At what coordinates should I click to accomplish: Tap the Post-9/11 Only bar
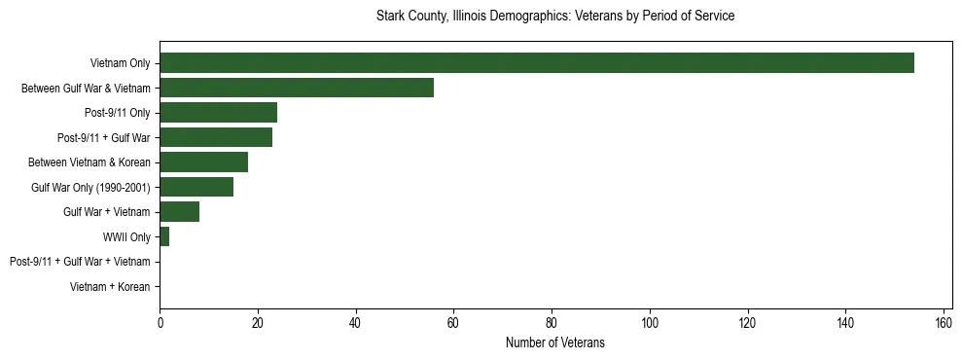click(218, 113)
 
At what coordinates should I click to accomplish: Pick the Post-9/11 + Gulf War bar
click(216, 137)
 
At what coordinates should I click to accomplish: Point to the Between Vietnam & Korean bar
click(203, 162)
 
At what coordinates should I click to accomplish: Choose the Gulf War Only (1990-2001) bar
click(196, 187)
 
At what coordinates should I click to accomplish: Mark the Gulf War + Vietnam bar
click(179, 212)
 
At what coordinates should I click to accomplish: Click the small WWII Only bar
click(164, 236)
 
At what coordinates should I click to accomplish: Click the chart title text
click(555, 17)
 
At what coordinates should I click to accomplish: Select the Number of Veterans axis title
click(555, 342)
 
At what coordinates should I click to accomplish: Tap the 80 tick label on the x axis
click(552, 323)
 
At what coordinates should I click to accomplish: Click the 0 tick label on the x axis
click(160, 323)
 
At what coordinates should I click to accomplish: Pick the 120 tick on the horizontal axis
click(748, 323)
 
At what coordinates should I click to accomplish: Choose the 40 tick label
click(356, 323)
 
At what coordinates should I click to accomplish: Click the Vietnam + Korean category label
click(110, 287)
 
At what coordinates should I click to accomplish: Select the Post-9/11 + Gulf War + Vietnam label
click(80, 262)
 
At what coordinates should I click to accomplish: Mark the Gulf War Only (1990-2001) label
click(90, 187)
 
